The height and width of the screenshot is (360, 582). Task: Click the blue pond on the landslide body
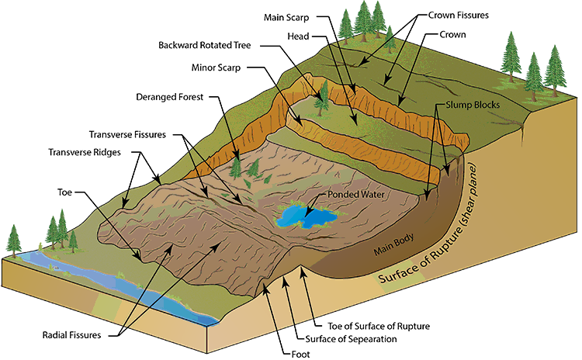click(310, 216)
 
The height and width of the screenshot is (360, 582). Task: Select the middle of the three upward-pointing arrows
click(286, 295)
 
